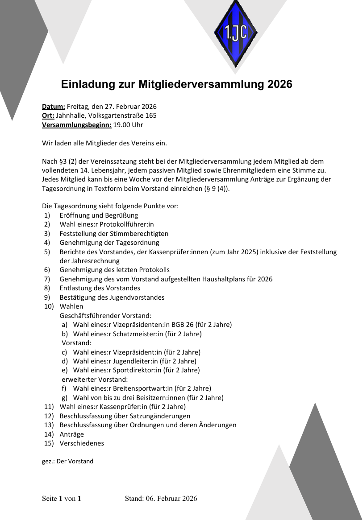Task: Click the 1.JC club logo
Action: pyautogui.click(x=235, y=33)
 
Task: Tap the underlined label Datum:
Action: pyautogui.click(x=54, y=107)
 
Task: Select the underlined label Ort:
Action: pyautogui.click(x=48, y=116)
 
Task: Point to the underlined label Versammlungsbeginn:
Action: pyautogui.click(x=77, y=125)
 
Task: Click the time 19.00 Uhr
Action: pyautogui.click(x=128, y=125)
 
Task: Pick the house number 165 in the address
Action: pyautogui.click(x=151, y=116)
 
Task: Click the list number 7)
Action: pyautogui.click(x=47, y=279)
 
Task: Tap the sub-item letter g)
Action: pyautogui.click(x=65, y=398)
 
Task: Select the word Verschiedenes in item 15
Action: pyautogui.click(x=82, y=443)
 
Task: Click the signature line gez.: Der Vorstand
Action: pyautogui.click(x=67, y=461)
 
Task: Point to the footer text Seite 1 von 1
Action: pyautogui.click(x=62, y=499)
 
